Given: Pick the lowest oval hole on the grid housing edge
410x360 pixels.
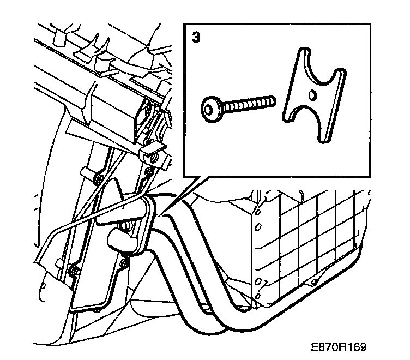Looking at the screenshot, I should pyautogui.click(x=257, y=294).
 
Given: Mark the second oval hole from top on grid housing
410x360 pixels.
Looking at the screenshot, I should pyautogui.click(x=259, y=226).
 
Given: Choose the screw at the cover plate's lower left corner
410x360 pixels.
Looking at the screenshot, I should pyautogui.click(x=74, y=269).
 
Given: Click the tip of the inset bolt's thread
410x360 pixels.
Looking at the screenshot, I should pyautogui.click(x=273, y=100).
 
